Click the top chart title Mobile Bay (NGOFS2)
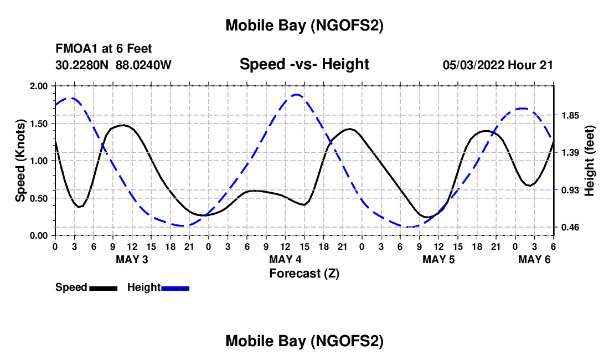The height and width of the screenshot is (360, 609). (304, 25)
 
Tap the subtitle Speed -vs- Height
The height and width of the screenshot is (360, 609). (304, 65)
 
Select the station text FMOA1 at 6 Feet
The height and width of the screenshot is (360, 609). (104, 49)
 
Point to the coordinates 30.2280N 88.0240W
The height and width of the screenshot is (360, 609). (113, 65)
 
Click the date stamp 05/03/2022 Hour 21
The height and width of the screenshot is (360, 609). (498, 65)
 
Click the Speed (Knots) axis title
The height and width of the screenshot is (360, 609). (20, 161)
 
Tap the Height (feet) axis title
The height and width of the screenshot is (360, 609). (589, 161)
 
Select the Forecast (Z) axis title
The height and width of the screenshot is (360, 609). (304, 273)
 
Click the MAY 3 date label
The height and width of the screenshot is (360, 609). (132, 259)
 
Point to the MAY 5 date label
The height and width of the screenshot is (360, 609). (438, 259)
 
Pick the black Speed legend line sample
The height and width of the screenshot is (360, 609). (103, 288)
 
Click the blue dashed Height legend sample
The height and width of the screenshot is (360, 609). (175, 288)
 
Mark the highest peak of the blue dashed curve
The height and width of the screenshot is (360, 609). (297, 95)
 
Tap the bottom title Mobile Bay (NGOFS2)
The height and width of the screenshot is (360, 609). (304, 341)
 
